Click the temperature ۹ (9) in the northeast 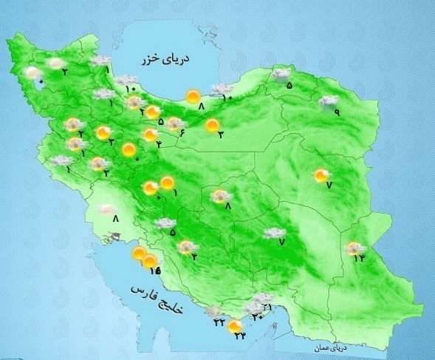click(x=336, y=112)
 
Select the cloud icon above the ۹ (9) click(x=328, y=101)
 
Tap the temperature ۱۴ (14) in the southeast click(x=359, y=258)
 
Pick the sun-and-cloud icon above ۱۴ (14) click(x=356, y=248)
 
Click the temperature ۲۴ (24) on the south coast click(x=240, y=336)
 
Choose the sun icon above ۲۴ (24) click(x=235, y=325)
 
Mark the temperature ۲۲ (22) click(x=219, y=324)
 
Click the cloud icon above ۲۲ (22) click(x=214, y=313)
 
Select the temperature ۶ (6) click(x=181, y=132)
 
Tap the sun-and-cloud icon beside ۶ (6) click(x=175, y=123)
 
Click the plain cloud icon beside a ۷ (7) click(x=275, y=233)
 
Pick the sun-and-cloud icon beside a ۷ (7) click(x=321, y=175)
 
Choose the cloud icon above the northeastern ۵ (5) click(x=281, y=73)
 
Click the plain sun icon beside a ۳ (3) click(x=213, y=126)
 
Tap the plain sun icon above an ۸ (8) click(x=193, y=95)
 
